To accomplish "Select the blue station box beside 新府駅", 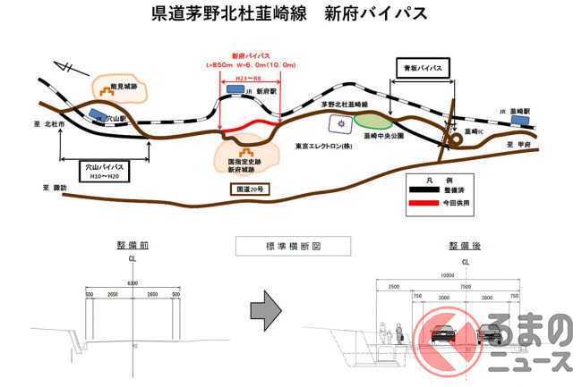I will (x=234, y=89).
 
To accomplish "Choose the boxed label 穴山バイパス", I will (x=98, y=167).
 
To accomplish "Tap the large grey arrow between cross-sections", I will (x=264, y=307).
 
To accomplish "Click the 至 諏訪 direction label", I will (x=56, y=189).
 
